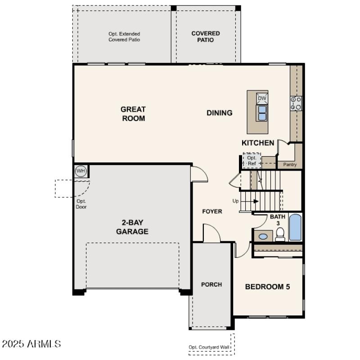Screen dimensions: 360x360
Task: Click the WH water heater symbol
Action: pos(81,171)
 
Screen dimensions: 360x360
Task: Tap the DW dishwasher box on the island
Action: pos(262,98)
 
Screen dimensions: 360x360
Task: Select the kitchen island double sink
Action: pos(262,112)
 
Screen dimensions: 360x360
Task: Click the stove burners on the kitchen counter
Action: pos(296,103)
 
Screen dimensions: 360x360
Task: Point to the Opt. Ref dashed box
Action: pos(252,161)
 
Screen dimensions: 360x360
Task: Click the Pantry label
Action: pos(290,165)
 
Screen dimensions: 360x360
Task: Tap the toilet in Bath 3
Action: pos(280,234)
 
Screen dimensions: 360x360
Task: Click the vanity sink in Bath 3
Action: pos(263,236)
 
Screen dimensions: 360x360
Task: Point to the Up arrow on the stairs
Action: pos(251,201)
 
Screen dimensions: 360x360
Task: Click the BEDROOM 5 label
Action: pos(267,287)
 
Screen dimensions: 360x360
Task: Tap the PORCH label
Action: pos(211,284)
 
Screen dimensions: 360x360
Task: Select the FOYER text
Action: pos(212,211)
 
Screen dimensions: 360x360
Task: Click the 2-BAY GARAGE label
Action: pos(132,227)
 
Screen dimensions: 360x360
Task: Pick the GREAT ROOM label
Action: pos(133,114)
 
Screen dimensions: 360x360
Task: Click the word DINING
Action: pos(220,113)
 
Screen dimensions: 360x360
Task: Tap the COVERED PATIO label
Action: pos(206,36)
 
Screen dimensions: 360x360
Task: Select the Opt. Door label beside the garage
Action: pos(81,204)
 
